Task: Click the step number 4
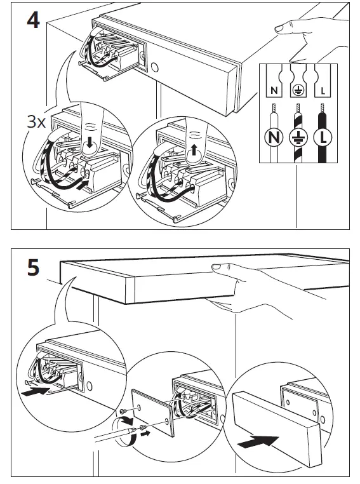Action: tap(33, 20)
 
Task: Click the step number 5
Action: tap(33, 267)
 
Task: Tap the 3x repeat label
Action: tap(36, 121)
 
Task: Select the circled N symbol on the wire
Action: tap(274, 137)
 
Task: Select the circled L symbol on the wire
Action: tap(323, 137)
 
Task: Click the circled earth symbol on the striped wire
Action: tap(298, 137)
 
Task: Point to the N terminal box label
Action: tap(274, 91)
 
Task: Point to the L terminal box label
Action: tap(323, 91)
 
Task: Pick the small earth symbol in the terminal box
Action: tap(298, 90)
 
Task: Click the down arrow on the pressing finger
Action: tap(90, 143)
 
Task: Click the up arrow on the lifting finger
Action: tap(194, 150)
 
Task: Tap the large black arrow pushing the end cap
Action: tap(258, 441)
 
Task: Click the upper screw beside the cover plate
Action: tap(123, 411)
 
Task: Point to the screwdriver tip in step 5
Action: tap(135, 429)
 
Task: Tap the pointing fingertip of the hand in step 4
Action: tap(279, 29)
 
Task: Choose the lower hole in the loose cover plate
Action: tap(167, 420)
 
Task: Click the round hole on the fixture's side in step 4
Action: tap(154, 67)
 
